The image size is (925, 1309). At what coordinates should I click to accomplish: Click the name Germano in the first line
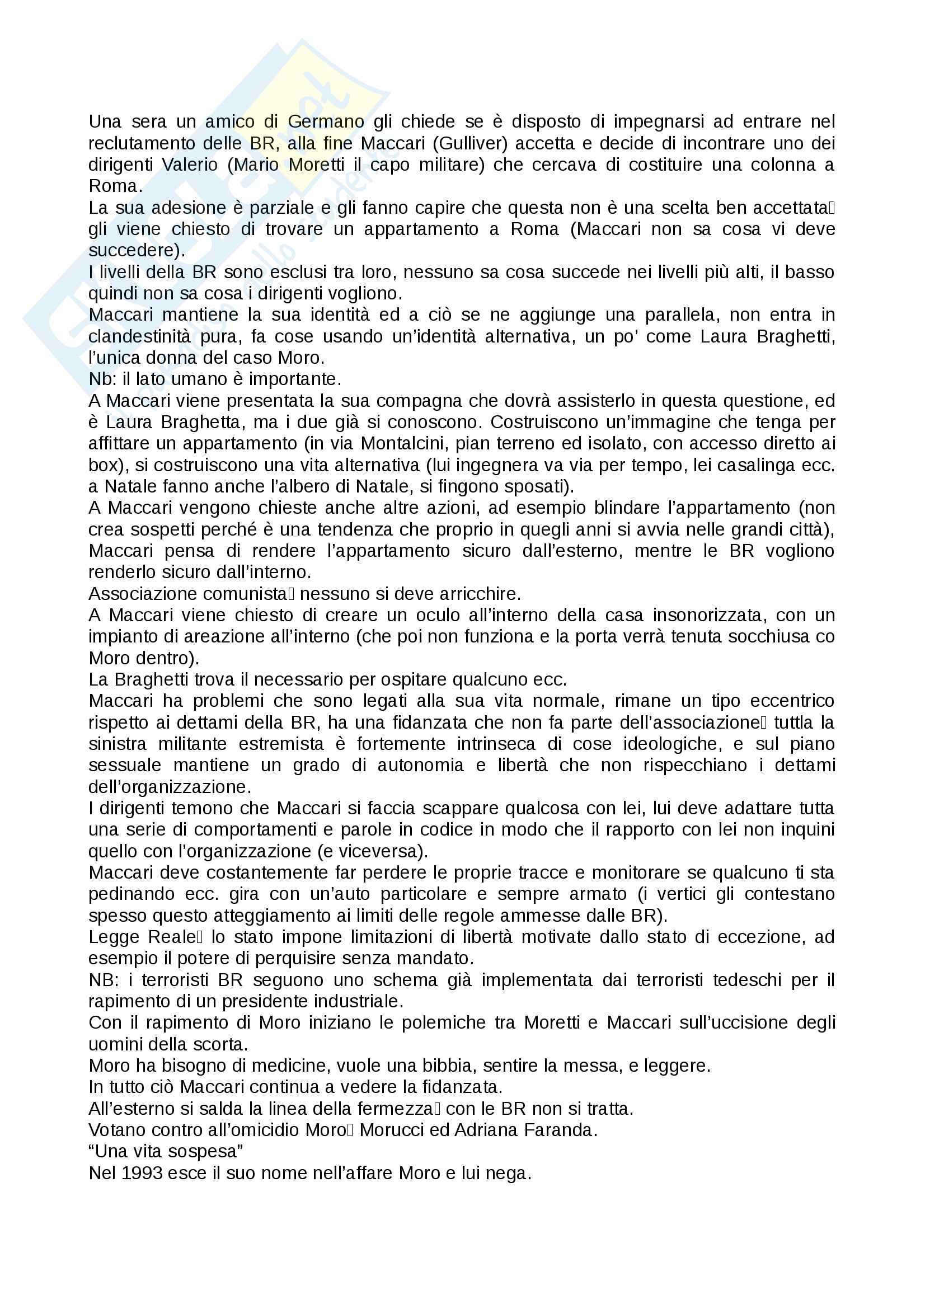326,121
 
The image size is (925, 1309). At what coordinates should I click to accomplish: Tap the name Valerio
189,165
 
